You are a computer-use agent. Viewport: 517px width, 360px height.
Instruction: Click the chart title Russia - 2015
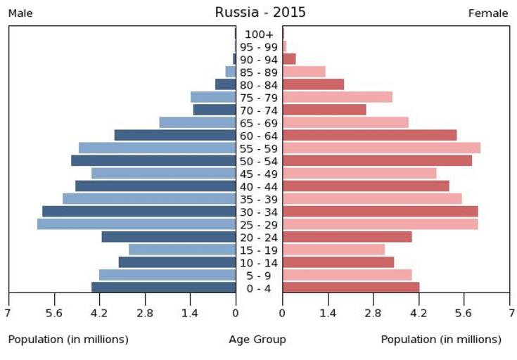coord(260,13)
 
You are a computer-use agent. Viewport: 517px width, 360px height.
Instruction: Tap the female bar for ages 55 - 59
coord(381,148)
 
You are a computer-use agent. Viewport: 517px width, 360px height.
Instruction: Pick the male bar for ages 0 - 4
coord(163,288)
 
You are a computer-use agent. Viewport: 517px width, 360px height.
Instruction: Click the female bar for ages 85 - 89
coord(304,72)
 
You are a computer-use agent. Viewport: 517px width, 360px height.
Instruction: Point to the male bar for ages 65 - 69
coord(197,122)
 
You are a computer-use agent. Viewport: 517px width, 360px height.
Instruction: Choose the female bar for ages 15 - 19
coord(333,250)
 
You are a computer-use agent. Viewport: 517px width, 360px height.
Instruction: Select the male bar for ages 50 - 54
coord(153,161)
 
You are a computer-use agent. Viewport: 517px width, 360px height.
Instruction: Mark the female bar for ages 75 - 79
coord(337,97)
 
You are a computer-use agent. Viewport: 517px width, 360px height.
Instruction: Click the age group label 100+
coord(259,34)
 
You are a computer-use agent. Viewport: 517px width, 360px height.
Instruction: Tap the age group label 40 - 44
coord(259,186)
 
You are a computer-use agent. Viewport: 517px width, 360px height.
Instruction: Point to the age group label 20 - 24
coord(259,237)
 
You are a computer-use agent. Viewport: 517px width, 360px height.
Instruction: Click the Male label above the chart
coord(20,13)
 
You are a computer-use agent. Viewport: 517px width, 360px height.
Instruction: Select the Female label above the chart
coord(488,13)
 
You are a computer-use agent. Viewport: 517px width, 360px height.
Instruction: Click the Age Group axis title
coord(257,340)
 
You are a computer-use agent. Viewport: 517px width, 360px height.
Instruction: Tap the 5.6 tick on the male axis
coord(54,313)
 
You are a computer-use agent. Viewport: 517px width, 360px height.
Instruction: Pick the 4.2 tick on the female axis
coord(419,313)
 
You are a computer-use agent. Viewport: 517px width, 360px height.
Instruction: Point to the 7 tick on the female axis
coord(509,313)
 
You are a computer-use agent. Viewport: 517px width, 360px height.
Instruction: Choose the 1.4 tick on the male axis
coord(190,313)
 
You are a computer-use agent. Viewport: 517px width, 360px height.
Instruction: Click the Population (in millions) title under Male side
coord(68,340)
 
